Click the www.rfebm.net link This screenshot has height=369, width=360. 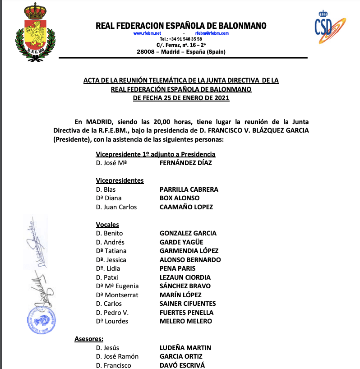coord(147,33)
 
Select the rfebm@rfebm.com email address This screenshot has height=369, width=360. coord(212,33)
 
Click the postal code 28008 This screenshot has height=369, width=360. coord(145,52)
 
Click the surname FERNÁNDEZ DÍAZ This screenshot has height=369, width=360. coord(185,163)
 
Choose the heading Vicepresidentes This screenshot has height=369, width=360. coord(120,180)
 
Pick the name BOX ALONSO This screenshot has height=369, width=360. coord(180,198)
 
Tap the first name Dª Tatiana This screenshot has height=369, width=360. coord(111,251)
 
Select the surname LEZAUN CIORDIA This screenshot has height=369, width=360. coord(185,277)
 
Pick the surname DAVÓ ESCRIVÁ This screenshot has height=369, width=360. coord(182,365)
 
